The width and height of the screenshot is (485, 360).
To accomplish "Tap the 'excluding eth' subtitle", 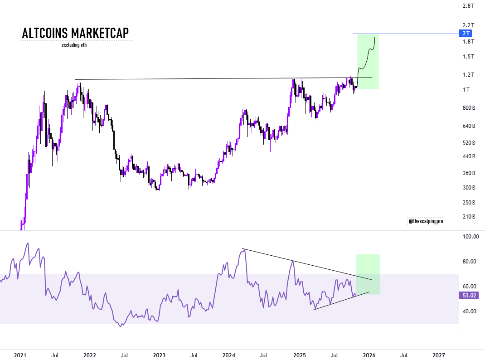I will tap(74, 45).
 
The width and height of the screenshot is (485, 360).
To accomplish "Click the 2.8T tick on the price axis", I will tap(468, 6).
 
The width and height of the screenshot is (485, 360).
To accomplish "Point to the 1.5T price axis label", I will tap(468, 57).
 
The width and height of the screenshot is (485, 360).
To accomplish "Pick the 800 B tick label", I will tap(469, 108).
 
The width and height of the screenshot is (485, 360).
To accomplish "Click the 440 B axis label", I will tap(469, 156).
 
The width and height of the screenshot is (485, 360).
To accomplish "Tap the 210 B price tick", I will tap(469, 217).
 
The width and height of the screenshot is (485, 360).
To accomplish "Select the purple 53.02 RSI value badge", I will tap(467, 296).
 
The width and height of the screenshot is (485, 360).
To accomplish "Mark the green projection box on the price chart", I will tap(368, 61).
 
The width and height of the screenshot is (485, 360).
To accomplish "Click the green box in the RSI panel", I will tap(368, 274).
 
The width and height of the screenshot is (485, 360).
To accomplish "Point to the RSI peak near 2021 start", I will tap(28, 243).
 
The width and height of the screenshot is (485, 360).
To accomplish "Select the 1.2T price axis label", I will tap(468, 75).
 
